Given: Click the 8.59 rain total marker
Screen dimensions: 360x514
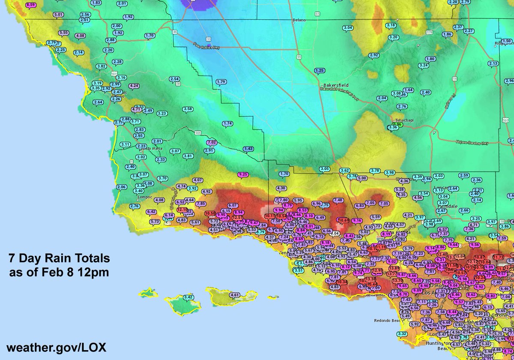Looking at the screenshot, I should pyautogui.click(x=31, y=5).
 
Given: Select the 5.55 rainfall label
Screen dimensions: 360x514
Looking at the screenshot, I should pyautogui.click(x=64, y=33).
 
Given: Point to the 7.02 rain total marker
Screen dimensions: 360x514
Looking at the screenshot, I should pyautogui.click(x=212, y=142).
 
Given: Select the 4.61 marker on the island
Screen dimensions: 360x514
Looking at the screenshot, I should pyautogui.click(x=235, y=294).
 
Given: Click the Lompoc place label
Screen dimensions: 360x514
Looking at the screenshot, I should pyautogui.click(x=146, y=198).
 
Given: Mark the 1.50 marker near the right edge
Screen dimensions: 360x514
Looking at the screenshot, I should pyautogui.click(x=507, y=41).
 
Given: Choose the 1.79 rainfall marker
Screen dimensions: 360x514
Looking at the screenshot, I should pyautogui.click(x=221, y=81).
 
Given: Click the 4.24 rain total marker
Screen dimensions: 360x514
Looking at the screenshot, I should pyautogui.click(x=134, y=86).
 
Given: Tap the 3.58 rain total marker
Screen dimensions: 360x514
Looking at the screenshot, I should pyautogui.click(x=188, y=109).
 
